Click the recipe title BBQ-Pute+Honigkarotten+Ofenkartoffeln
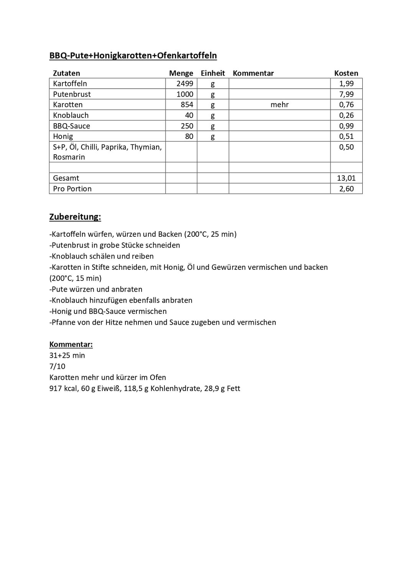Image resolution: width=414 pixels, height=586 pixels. click(133, 56)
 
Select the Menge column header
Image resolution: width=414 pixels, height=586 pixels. click(181, 73)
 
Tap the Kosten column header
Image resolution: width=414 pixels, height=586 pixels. click(346, 73)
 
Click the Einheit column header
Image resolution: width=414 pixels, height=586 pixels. click(213, 73)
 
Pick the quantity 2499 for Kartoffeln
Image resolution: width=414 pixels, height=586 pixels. click(185, 84)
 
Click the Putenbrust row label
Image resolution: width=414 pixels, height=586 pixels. click(72, 94)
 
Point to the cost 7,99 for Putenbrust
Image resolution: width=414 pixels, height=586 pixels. click(346, 94)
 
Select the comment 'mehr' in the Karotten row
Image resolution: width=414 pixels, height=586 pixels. click(279, 105)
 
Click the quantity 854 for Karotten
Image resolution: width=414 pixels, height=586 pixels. click(187, 105)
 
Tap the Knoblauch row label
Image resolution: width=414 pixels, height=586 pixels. click(71, 116)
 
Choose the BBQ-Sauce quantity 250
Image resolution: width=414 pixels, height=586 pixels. click(187, 126)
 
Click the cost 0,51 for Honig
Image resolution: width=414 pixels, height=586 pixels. click(346, 136)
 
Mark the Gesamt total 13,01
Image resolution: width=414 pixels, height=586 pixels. click(346, 178)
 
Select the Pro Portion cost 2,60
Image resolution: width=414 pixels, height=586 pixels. click(346, 189)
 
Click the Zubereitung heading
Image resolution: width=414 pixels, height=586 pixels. click(75, 217)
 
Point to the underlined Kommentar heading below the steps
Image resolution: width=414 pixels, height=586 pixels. click(71, 345)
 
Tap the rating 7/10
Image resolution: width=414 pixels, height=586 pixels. click(58, 366)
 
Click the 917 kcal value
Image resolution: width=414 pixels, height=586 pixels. click(63, 388)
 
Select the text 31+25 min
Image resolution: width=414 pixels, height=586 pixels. click(67, 355)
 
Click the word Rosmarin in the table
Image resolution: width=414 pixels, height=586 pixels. click(69, 157)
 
